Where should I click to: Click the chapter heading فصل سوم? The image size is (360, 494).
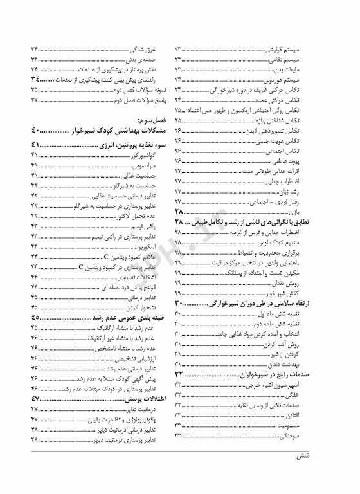[x=152, y=120]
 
